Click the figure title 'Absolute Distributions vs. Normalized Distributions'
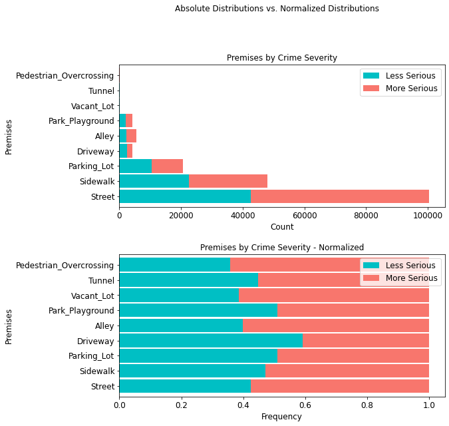277,9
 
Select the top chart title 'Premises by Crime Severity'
282,58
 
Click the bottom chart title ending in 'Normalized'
282,248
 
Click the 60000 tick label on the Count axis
305,214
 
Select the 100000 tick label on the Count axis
428,214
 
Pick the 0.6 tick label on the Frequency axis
305,403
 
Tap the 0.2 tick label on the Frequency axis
181,403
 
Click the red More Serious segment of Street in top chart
339,196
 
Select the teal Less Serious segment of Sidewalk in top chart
153,181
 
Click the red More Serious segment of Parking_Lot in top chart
167,166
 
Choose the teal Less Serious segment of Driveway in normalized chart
210,341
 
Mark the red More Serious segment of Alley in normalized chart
336,325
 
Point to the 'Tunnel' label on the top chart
101,91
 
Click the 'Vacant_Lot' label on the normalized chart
92,296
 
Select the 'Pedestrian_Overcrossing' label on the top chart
65,76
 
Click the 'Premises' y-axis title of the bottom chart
9,325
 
